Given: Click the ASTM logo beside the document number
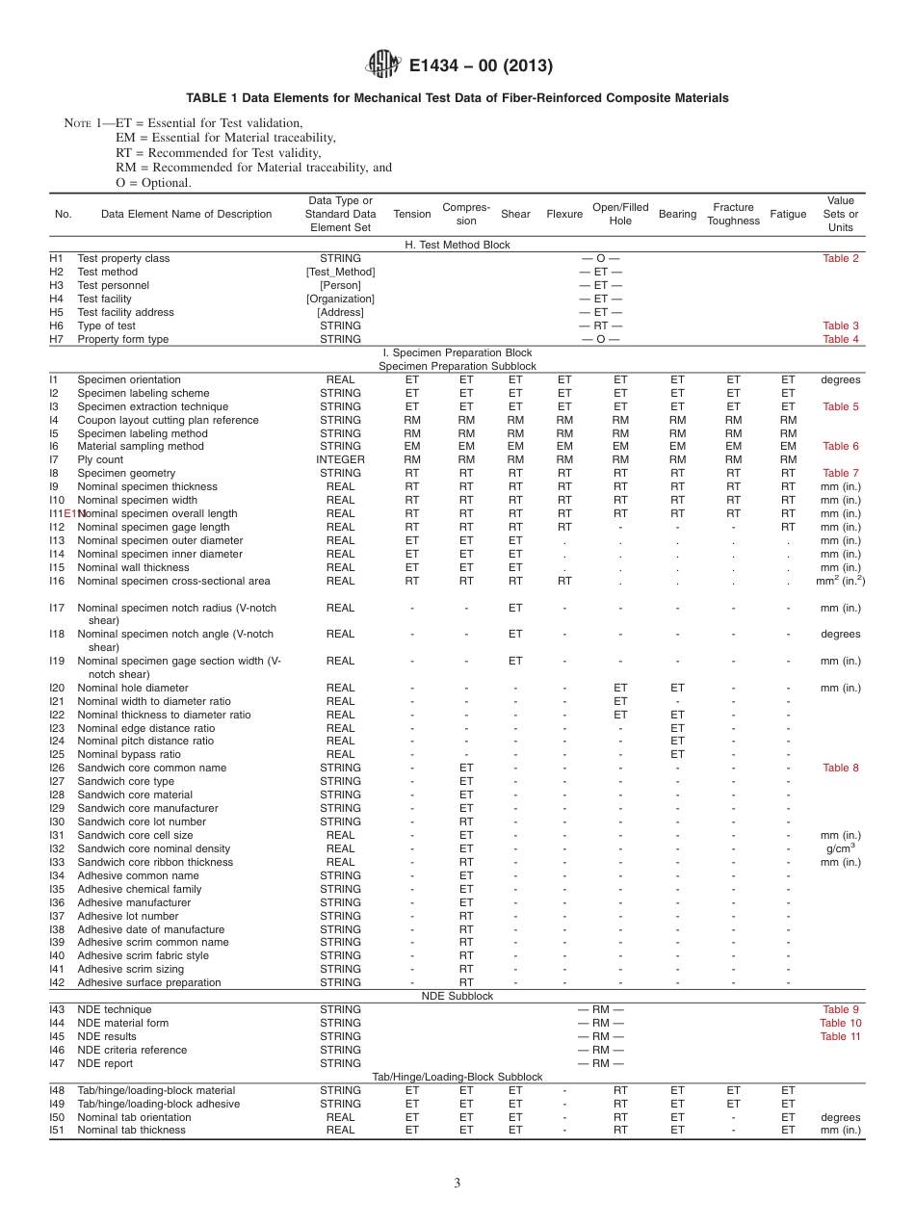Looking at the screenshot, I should pos(383,65).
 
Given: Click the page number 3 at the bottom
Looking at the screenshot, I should pos(457,1183).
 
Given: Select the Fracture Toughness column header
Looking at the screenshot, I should pos(733,214).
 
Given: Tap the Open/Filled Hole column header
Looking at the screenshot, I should pos(620,214).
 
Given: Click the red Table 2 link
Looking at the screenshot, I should pos(841,258).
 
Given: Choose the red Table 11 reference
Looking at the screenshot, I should pos(840,1036).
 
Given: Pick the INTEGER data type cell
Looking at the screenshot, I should pos(340,459).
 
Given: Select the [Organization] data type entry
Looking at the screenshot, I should pos(340,299).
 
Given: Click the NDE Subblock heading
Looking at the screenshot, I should pos(457,996).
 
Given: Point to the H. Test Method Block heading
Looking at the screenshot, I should pos(457,245).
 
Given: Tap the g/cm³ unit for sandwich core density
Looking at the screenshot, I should pos(840,848).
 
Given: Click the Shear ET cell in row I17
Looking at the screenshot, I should pos(515,608).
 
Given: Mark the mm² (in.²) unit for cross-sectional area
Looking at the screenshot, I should pos(840,581).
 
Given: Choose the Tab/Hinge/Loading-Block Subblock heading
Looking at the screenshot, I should pos(457,1077).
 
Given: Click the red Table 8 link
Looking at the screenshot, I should pos(841,768).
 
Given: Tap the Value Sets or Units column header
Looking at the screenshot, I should pos(841,214).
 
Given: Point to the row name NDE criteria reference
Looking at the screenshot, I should pos(132,1050).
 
